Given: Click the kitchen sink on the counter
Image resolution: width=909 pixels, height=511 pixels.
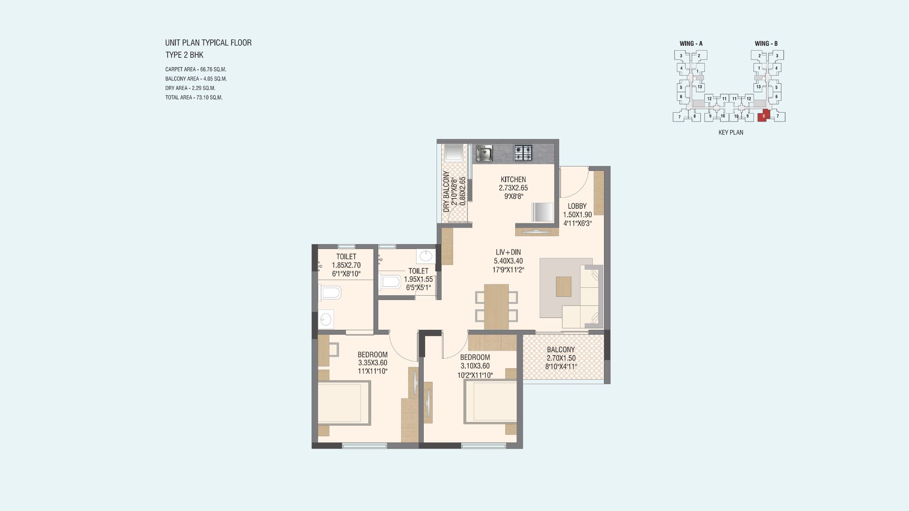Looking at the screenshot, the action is point(484,153).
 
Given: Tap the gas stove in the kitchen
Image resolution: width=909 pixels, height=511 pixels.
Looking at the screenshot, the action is point(523,153).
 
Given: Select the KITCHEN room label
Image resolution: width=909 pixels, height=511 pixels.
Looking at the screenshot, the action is point(513,180).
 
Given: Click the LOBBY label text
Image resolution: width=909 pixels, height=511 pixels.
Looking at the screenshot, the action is point(577,206).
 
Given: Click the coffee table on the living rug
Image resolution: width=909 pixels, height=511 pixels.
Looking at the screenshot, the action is point(563,286).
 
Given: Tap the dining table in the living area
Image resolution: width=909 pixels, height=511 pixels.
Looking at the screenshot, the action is point(496,307).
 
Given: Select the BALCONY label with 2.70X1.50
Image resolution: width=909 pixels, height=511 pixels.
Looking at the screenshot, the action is point(561,350).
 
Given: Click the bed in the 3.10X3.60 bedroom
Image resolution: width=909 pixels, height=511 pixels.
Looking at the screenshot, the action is point(490,402).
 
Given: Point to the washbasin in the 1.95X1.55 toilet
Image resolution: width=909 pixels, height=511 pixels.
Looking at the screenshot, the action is point(425,256).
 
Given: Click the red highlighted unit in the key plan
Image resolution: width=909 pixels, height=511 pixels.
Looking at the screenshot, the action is point(763,115).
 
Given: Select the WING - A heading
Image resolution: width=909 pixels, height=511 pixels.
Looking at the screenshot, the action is point(691,44).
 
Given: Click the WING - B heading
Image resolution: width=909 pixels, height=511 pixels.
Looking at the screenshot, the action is point(766,44).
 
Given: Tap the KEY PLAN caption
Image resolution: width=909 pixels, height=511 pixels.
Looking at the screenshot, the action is point(731,132).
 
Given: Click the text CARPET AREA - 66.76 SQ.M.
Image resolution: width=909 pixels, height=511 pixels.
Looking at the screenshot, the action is point(196,70).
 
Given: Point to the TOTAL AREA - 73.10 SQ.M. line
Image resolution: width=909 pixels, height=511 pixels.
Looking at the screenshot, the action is point(194,97).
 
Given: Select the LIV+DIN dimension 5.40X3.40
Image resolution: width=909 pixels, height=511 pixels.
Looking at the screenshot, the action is point(508,261).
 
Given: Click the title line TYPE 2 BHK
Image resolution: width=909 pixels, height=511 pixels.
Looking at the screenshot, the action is point(184,55).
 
